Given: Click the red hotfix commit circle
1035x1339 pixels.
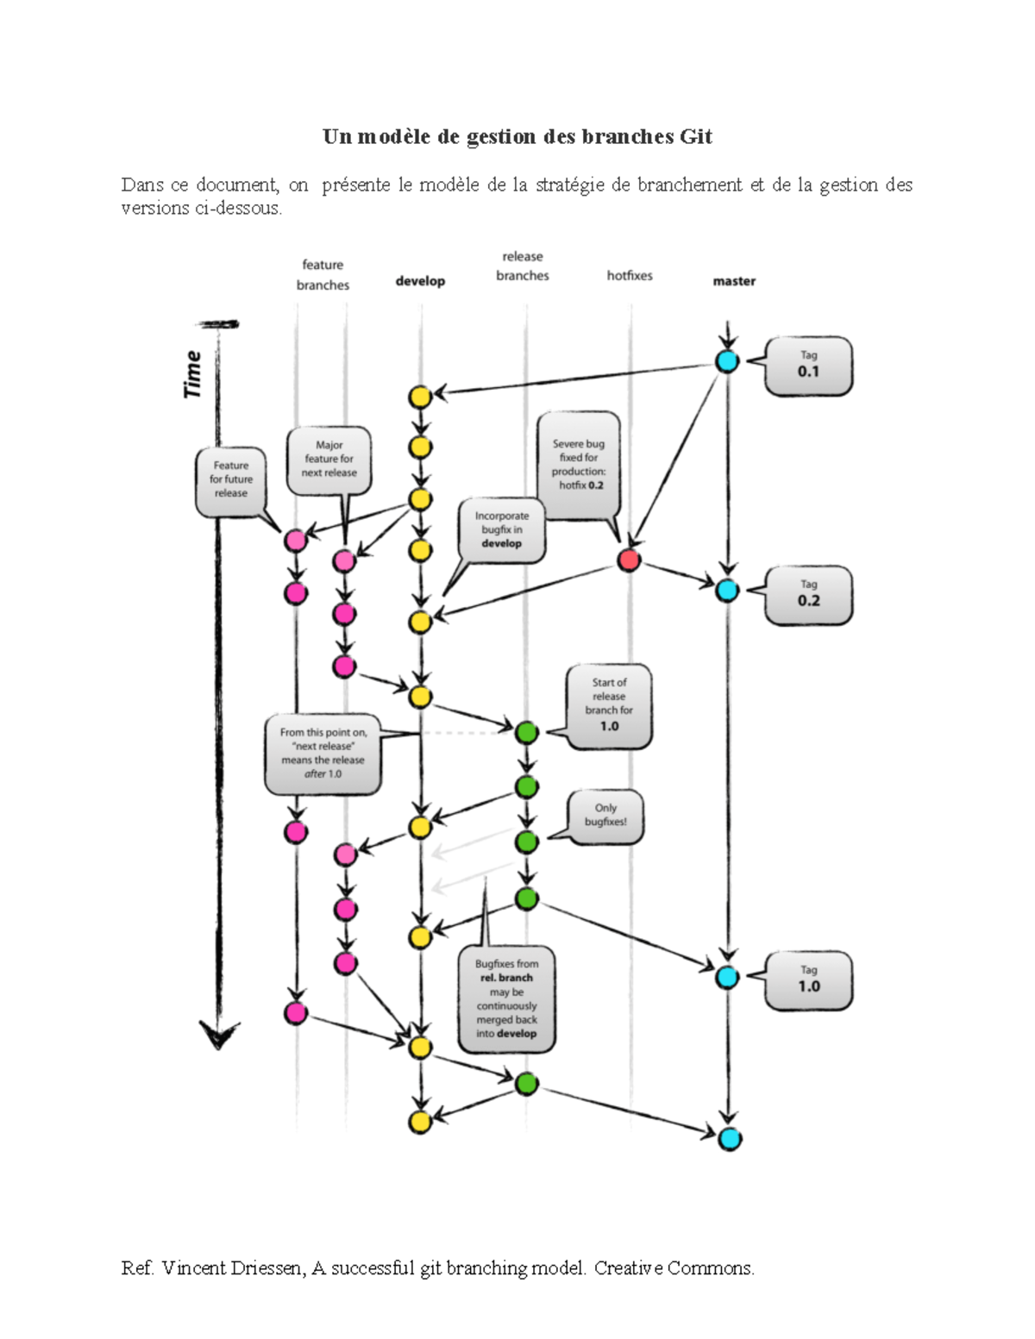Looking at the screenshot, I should pyautogui.click(x=629, y=560).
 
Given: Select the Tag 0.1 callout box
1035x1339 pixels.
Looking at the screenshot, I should pyautogui.click(x=808, y=366).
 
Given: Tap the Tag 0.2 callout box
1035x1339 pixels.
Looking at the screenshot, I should pyautogui.click(x=808, y=595).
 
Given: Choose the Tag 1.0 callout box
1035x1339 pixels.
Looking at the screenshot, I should pyautogui.click(x=808, y=980).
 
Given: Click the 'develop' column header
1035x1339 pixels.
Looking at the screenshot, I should pyautogui.click(x=420, y=281).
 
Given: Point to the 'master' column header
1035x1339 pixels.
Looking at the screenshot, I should pyautogui.click(x=734, y=281).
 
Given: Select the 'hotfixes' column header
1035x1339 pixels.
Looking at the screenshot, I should pyautogui.click(x=630, y=276).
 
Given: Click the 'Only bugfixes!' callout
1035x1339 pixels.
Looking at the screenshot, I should pyautogui.click(x=605, y=816).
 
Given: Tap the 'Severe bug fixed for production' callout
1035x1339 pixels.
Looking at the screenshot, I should pyautogui.click(x=579, y=465).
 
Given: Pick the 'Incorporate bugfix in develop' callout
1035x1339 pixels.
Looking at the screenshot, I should pyautogui.click(x=502, y=529).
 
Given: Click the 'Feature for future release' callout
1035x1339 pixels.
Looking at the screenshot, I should pyautogui.click(x=230, y=479).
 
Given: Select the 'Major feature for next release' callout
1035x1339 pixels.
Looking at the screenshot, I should pyautogui.click(x=329, y=460).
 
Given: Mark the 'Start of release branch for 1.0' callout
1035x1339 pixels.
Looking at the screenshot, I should pyautogui.click(x=609, y=705).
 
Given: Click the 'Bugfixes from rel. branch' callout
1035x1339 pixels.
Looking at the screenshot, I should pyautogui.click(x=506, y=999).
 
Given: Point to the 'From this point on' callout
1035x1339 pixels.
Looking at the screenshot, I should pyautogui.click(x=323, y=754).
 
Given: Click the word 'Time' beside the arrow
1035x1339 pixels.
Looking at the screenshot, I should pyautogui.click(x=192, y=374).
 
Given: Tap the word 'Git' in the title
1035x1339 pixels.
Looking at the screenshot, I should pyautogui.click(x=696, y=137).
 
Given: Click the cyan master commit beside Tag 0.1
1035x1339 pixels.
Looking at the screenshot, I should pyautogui.click(x=728, y=361).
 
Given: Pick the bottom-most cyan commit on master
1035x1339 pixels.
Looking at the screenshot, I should pyautogui.click(x=730, y=1139).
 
